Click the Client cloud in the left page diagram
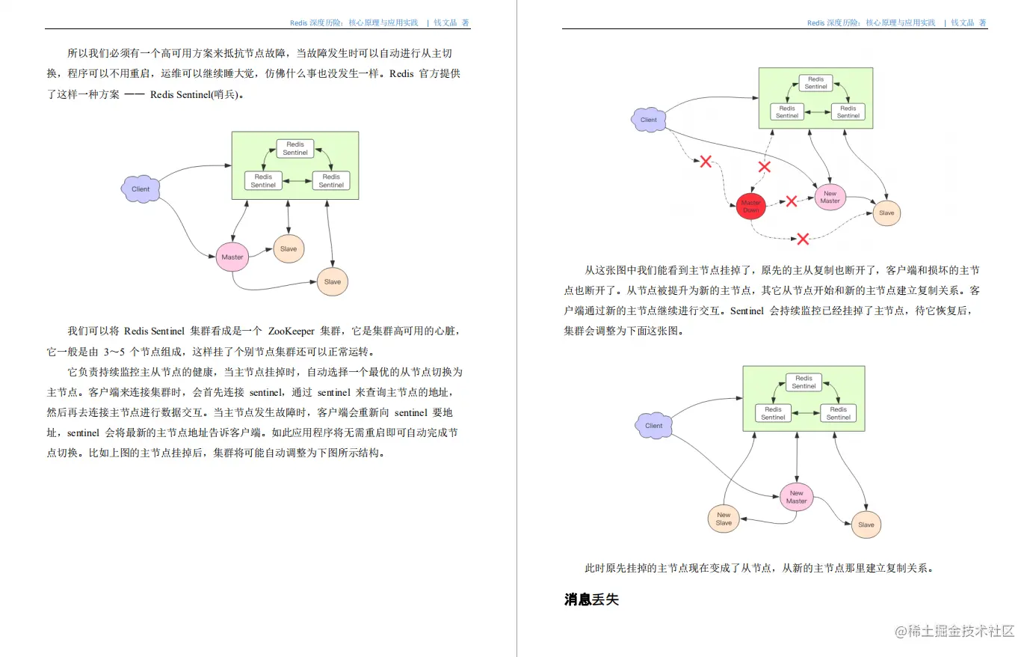click(x=141, y=189)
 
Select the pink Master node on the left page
click(x=232, y=257)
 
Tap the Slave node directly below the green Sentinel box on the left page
click(x=289, y=248)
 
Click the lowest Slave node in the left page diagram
click(x=333, y=281)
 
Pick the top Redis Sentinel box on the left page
click(x=295, y=148)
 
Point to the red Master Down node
click(x=750, y=207)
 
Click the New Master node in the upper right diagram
click(x=830, y=197)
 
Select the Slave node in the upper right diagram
click(x=886, y=213)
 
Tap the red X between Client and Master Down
click(x=705, y=161)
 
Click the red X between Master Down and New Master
click(x=791, y=201)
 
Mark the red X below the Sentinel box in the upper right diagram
click(x=764, y=167)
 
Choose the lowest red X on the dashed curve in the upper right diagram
click(x=803, y=239)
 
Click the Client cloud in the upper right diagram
click(x=648, y=120)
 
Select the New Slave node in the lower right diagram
click(x=724, y=519)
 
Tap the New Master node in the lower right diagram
click(x=796, y=497)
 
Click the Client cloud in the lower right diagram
click(x=653, y=425)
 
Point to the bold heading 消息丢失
click(x=591, y=599)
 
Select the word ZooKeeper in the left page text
click(x=291, y=331)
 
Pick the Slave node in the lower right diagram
click(x=866, y=525)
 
